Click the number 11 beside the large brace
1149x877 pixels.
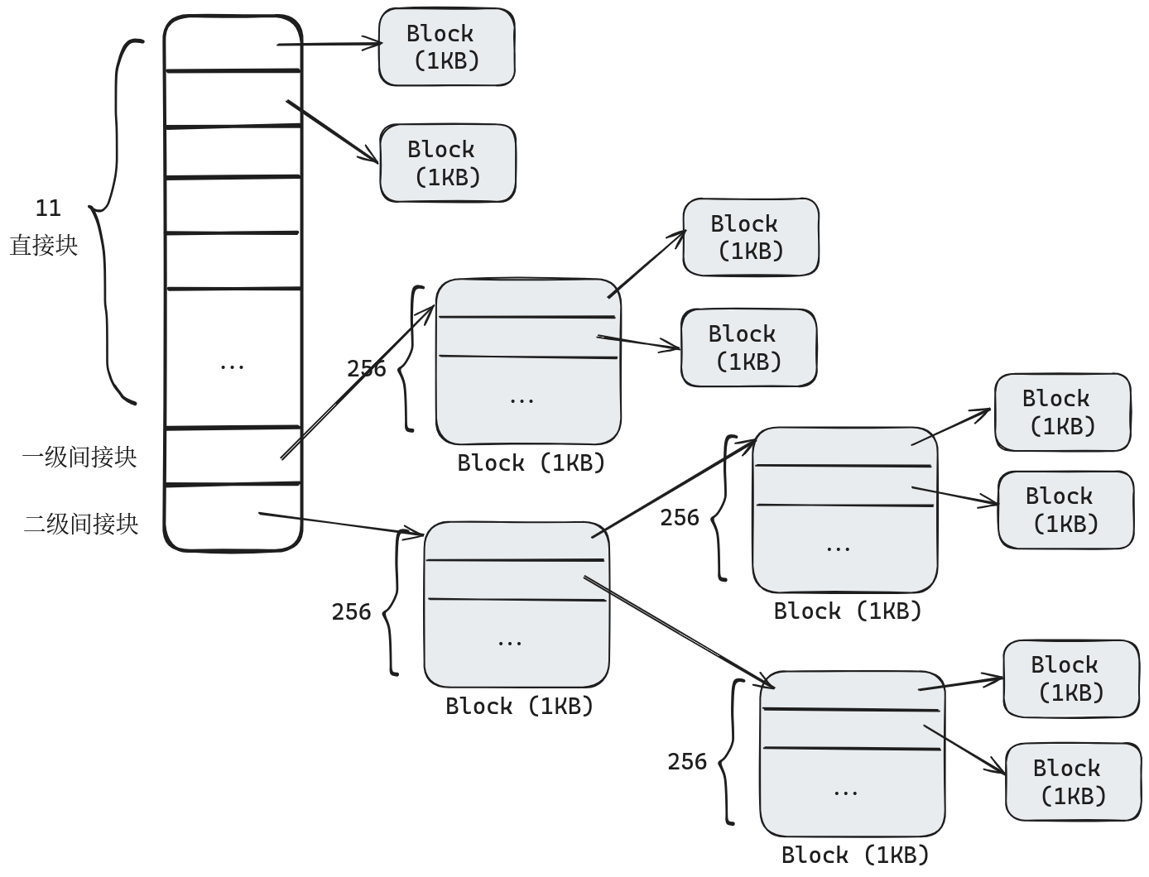(48, 208)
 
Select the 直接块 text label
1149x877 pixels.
(44, 246)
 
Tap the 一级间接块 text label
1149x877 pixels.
(79, 457)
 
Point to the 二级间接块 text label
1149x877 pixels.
(81, 524)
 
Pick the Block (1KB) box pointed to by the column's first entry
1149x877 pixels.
(446, 47)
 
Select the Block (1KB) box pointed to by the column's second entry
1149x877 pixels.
(447, 163)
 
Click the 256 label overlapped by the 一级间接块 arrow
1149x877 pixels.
(366, 368)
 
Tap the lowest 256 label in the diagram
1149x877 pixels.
(687, 761)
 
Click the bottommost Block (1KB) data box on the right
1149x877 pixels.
(1073, 782)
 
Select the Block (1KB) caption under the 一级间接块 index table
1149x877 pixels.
(531, 462)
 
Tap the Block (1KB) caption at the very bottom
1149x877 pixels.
(855, 855)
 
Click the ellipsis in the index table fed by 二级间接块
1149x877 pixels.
(510, 642)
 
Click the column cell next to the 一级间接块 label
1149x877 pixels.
(233, 456)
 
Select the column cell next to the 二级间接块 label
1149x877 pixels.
(233, 517)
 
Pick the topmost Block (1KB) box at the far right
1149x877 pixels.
(1062, 412)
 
